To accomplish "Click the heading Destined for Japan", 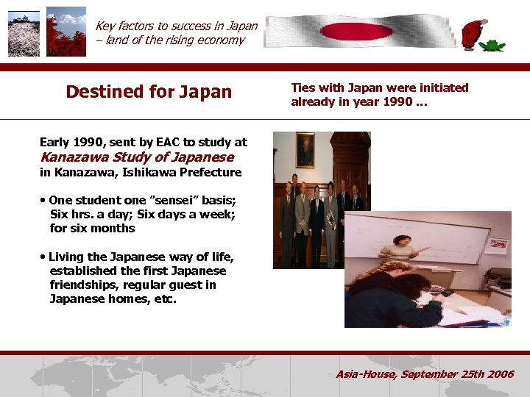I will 149,92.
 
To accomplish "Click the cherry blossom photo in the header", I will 24,35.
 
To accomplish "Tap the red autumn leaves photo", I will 66,35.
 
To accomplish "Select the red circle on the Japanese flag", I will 347,32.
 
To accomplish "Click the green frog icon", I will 492,45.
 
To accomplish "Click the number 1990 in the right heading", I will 397,101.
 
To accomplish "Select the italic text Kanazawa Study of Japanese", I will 137,157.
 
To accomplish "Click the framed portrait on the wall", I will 305,150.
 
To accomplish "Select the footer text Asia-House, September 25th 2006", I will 425,374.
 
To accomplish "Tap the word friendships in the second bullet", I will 81,285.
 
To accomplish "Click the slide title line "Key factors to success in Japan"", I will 176,26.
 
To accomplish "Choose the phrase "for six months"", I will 92,229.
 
